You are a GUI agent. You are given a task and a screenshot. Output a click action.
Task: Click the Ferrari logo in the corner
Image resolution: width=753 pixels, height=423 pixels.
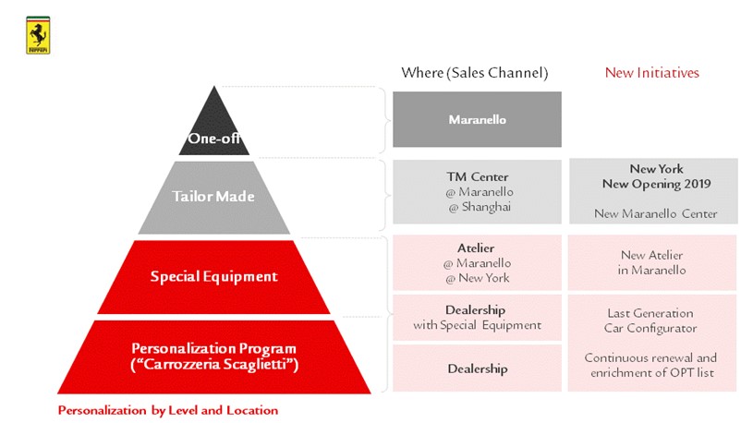coord(38,36)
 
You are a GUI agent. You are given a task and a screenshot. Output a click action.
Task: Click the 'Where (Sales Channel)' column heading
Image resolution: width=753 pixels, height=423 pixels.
coord(475,72)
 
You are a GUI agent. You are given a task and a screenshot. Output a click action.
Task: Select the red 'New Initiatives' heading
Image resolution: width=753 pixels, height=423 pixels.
coord(652,72)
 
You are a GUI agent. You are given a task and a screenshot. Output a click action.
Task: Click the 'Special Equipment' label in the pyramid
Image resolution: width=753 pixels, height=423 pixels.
coord(214,276)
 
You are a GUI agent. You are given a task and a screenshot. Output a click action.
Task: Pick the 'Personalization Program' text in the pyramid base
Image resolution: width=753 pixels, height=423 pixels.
coord(213,348)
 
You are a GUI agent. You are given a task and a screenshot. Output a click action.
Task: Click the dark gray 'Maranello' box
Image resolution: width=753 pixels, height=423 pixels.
coord(477,119)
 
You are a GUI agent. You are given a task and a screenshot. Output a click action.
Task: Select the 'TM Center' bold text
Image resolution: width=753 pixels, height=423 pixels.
coord(477,176)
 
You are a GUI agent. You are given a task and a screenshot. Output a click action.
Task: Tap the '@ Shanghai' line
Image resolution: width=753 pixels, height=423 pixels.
coord(477,207)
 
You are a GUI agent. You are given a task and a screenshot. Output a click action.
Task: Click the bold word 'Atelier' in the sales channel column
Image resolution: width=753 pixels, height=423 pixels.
coord(477,248)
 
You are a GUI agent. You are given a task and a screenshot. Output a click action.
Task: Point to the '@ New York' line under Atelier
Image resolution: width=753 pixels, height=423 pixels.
coord(477,278)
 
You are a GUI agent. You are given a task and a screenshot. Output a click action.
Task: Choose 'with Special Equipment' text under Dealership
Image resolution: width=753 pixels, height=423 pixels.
coord(477,325)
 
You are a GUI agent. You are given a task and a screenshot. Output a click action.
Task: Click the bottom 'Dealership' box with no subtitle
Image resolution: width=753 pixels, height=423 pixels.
coord(477,369)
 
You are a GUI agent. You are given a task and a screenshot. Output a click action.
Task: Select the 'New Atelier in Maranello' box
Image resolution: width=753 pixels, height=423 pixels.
coord(651,262)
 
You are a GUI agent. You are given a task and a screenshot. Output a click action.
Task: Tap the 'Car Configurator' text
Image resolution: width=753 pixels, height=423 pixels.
coord(651,328)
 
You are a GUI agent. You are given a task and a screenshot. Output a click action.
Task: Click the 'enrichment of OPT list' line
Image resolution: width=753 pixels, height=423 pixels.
coord(651,372)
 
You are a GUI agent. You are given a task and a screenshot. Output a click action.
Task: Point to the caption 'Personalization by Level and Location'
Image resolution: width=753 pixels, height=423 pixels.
coord(168,409)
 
